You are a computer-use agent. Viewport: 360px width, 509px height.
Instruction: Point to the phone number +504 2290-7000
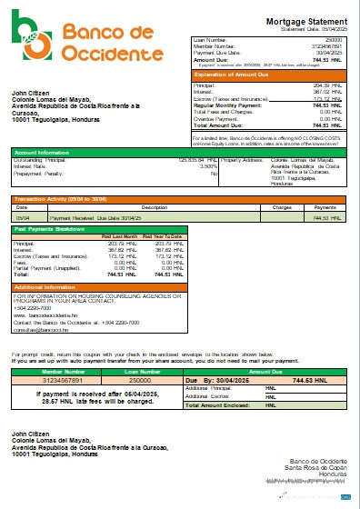click(32, 307)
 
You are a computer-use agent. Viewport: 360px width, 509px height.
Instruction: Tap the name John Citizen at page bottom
click(33, 434)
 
